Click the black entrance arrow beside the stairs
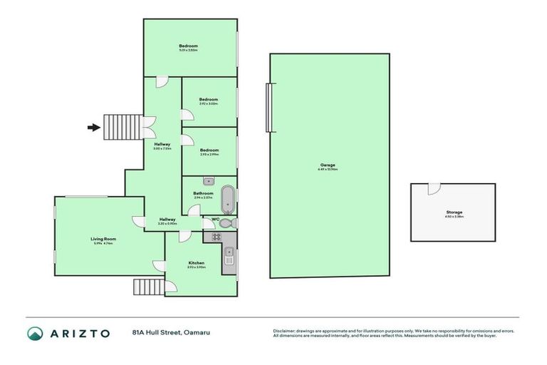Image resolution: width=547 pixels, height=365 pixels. tap(93, 128)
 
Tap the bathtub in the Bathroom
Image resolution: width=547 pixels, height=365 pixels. tap(227, 199)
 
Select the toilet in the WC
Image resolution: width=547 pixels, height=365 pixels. tap(226, 223)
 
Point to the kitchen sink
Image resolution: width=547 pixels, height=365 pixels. tap(229, 255)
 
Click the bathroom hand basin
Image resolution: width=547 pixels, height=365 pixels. tap(208, 182)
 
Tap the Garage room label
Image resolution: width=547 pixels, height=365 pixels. tap(328, 165)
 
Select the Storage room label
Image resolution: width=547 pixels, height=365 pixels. tap(454, 212)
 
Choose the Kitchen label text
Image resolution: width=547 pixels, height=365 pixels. tap(197, 263)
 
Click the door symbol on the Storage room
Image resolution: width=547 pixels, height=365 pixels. tap(432, 189)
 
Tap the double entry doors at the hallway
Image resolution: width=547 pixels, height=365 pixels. tap(150, 128)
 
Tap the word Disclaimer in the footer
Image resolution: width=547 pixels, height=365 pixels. tap(284, 331)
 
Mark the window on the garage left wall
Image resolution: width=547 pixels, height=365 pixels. tap(269, 108)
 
